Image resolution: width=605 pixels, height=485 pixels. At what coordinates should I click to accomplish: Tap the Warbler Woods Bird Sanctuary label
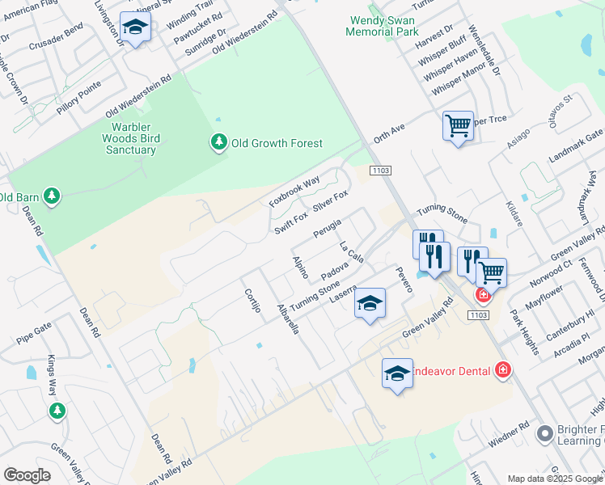[x=135, y=138]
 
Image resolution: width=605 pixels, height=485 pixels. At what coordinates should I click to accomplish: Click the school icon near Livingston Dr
[x=136, y=27]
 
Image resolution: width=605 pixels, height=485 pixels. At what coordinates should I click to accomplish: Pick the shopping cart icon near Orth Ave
[x=458, y=127]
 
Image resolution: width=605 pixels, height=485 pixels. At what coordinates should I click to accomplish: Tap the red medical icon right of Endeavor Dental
[x=503, y=370]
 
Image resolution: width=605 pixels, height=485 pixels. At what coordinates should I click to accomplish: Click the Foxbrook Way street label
[x=295, y=191]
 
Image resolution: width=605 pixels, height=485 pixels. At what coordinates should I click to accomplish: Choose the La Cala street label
[x=351, y=251]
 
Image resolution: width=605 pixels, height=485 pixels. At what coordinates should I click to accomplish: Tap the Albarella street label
[x=288, y=319]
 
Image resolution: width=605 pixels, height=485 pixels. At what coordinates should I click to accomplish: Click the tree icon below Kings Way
[x=57, y=411]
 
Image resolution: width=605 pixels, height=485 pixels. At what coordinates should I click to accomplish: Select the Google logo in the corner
[x=27, y=475]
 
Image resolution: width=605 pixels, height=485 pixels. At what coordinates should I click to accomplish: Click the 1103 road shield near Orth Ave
[x=380, y=171]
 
